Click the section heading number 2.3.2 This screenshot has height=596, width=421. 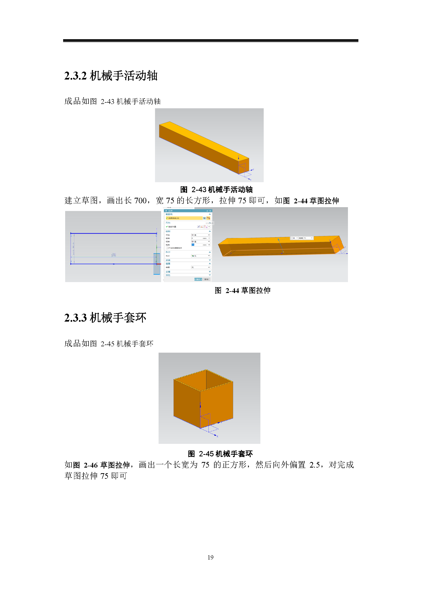tap(75, 76)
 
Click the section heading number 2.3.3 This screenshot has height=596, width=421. tap(75, 318)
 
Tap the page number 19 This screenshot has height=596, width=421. tap(210, 557)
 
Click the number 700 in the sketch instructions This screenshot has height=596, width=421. tap(140, 201)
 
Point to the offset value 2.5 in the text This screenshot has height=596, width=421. tap(314, 465)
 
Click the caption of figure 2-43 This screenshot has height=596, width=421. tap(216, 190)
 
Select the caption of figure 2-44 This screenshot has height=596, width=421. tap(242, 290)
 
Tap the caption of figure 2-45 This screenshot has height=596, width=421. tap(220, 454)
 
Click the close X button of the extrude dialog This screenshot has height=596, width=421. tap(210, 211)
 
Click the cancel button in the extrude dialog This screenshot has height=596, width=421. tap(206, 279)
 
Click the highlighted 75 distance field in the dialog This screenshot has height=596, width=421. tap(193, 245)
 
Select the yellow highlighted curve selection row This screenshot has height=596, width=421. tap(184, 218)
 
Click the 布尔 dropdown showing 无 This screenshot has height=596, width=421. tap(200, 256)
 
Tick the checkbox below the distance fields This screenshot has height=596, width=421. tap(167, 248)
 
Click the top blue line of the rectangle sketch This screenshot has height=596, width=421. tap(113, 233)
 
